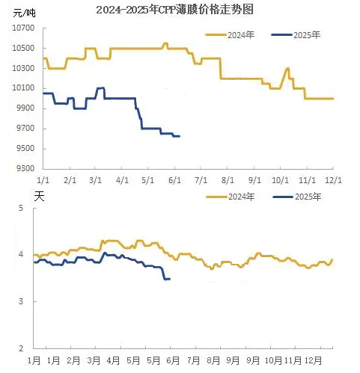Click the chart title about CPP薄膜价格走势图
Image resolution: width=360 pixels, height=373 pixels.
tap(174, 10)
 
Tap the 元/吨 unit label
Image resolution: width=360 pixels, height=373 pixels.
tap(24, 13)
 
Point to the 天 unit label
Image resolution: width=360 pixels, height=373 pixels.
tap(39, 197)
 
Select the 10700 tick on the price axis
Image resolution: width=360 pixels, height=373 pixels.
tap(24, 28)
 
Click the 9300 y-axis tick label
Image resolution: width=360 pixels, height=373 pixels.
tap(25, 168)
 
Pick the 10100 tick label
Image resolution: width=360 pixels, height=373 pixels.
tap(24, 88)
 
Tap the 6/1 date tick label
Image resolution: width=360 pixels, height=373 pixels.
tap(174, 180)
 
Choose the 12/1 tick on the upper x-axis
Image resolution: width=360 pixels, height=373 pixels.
tap(333, 180)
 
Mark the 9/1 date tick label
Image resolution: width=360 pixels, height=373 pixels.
tap(254, 180)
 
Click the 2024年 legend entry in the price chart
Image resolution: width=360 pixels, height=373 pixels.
tap(230, 35)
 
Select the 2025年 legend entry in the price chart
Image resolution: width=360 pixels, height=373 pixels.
tap(296, 35)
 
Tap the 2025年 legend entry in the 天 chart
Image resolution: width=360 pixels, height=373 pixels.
tap(297, 197)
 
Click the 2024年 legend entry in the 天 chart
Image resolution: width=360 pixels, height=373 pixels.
tap(231, 197)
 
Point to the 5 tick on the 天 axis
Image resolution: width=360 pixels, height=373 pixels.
tap(21, 208)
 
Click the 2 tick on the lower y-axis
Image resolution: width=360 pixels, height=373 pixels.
tap(21, 348)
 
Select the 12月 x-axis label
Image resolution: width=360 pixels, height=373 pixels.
tap(313, 360)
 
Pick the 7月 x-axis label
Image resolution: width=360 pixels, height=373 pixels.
tap(193, 360)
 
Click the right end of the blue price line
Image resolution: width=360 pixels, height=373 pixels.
tap(180, 136)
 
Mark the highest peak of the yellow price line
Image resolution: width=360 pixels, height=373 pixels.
tap(165, 43)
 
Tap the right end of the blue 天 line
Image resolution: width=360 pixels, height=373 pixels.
tap(170, 279)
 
